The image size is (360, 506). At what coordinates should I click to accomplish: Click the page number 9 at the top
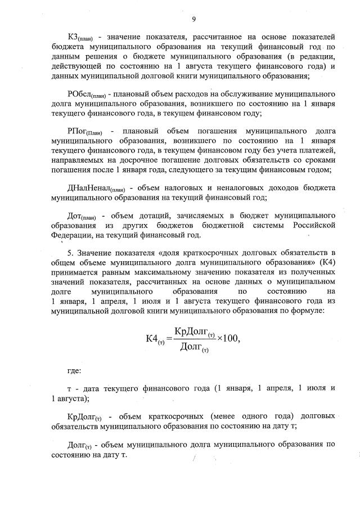193,19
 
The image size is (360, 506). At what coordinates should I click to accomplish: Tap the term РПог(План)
84,131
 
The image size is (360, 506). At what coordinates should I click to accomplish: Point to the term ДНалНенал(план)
96,187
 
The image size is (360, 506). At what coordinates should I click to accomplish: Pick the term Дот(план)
82,216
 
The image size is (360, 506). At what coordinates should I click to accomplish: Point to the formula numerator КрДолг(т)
196,330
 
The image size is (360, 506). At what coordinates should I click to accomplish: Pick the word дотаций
153,216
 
